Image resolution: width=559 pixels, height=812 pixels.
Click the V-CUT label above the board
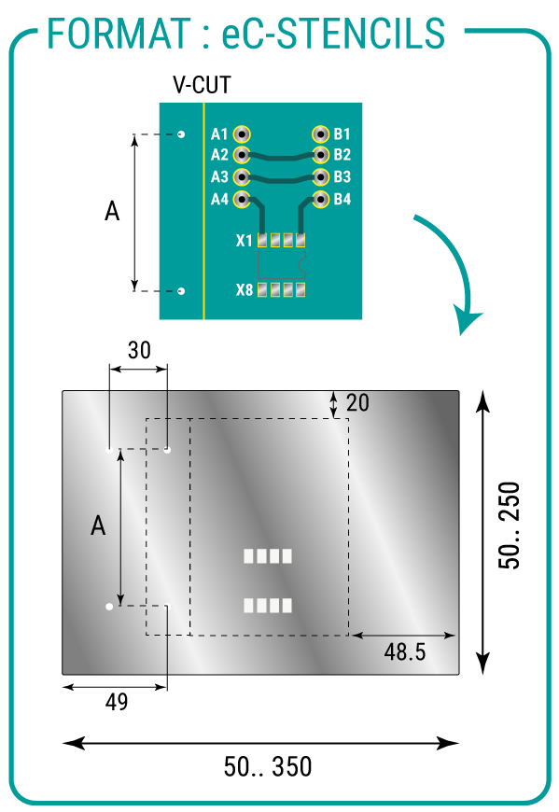(202, 85)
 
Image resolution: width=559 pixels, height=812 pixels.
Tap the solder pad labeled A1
(242, 134)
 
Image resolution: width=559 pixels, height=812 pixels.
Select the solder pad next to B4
(320, 199)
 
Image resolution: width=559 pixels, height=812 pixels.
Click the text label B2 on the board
(342, 155)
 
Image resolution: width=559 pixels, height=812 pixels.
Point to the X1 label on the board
(245, 241)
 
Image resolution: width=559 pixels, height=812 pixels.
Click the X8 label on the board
(245, 290)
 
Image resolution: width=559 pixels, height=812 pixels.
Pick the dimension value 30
(139, 351)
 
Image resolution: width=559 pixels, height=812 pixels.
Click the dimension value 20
(357, 403)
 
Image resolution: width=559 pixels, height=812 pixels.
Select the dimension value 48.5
(405, 652)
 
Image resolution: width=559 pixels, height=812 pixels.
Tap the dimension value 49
(117, 702)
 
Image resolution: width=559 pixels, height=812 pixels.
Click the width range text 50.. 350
(268, 767)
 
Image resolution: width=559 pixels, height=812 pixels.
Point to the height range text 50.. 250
(510, 525)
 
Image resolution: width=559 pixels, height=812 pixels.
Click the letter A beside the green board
(112, 211)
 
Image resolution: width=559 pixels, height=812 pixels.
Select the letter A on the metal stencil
(98, 525)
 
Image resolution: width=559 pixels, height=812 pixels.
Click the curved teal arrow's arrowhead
(468, 321)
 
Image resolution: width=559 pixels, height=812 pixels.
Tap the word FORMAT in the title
(119, 34)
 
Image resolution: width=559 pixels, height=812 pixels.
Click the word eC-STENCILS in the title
(333, 34)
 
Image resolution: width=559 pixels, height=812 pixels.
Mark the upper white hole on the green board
(181, 134)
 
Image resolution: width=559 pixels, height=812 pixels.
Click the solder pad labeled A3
(242, 177)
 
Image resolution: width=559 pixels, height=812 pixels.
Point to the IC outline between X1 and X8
(282, 265)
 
